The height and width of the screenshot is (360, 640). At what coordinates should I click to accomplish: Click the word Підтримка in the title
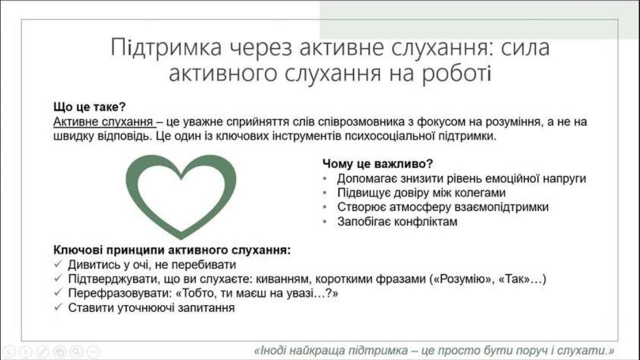coord(166,47)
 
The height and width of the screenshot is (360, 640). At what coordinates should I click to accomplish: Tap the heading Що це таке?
coord(90,107)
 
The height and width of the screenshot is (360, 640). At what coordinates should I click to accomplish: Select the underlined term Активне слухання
coord(103,122)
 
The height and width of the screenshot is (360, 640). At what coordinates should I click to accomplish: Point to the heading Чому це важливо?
coord(377,164)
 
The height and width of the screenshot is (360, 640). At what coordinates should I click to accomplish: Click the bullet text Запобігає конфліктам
coord(397,222)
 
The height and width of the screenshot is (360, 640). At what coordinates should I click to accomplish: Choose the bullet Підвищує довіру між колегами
coord(421,193)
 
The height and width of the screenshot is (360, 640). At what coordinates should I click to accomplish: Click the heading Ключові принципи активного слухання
coord(172,250)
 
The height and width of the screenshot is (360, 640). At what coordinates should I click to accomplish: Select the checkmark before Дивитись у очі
coord(58,264)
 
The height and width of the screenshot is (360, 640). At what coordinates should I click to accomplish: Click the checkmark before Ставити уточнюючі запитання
coord(58,307)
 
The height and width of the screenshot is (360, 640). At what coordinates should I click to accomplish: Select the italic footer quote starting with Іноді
coord(434,351)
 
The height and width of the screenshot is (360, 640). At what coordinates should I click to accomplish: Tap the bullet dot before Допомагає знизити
coord(325,179)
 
